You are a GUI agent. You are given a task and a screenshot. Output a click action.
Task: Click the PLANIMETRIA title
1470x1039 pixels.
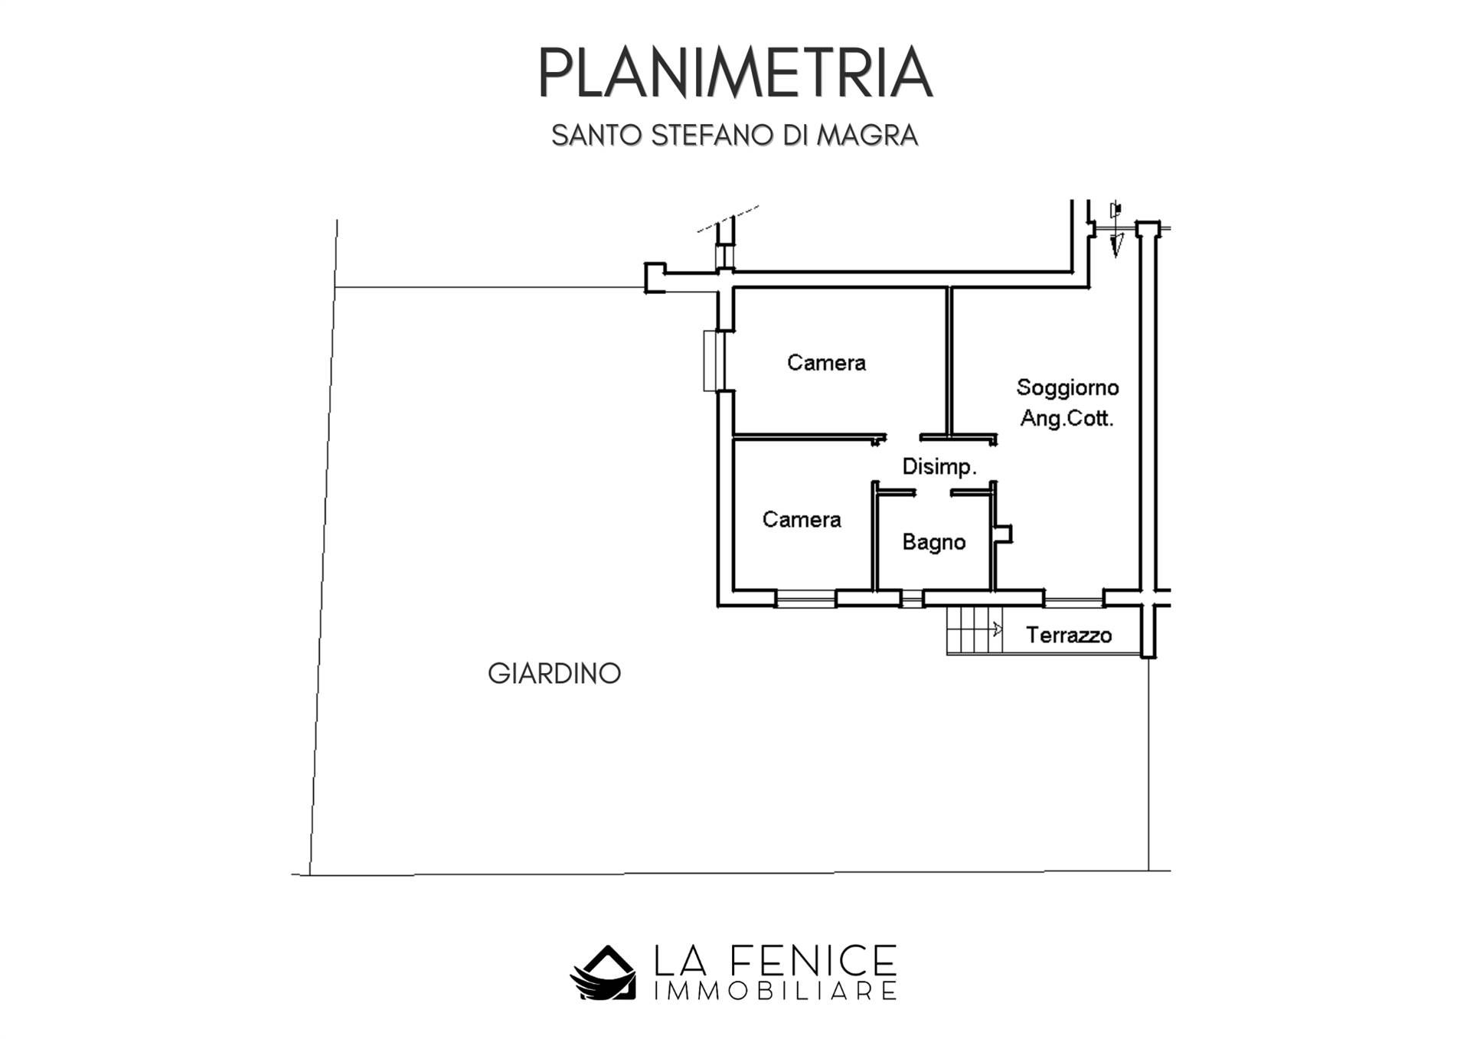tap(735, 73)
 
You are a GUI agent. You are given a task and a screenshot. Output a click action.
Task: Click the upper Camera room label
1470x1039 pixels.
tap(826, 362)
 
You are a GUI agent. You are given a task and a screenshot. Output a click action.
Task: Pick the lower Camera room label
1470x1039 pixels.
tap(802, 519)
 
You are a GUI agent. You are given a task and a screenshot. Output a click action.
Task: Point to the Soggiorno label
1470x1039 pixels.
tap(1067, 388)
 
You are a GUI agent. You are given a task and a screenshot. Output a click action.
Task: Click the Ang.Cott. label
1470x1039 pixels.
tap(1067, 419)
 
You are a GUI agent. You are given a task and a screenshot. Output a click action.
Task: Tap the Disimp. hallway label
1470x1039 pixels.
tap(939, 467)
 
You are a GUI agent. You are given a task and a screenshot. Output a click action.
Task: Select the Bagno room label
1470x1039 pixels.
tap(933, 542)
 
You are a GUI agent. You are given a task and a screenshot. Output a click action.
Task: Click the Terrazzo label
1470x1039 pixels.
tap(1069, 635)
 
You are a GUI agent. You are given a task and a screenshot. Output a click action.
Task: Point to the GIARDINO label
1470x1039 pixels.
tap(554, 674)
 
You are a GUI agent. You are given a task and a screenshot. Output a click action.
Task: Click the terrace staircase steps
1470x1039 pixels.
tap(975, 630)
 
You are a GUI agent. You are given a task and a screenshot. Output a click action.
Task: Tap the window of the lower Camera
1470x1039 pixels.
tap(805, 599)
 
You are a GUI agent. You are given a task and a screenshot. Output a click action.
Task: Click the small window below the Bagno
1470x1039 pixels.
tap(912, 599)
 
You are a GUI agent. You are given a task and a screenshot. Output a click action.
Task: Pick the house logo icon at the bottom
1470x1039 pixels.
tap(603, 972)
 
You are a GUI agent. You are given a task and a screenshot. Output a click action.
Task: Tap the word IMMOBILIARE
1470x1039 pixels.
tap(775, 991)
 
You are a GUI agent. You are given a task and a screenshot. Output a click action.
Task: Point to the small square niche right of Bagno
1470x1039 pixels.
tap(1004, 534)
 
